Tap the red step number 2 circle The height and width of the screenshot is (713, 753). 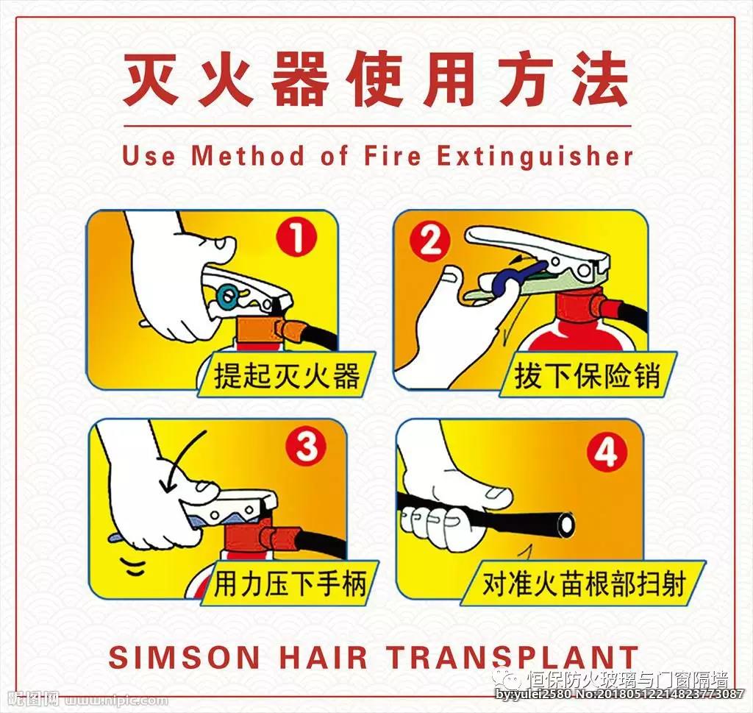429,241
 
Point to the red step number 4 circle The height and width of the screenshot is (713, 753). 607,453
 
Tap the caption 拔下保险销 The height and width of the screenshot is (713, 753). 588,375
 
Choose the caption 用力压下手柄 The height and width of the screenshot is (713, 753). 290,583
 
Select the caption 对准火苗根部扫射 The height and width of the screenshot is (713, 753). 583,583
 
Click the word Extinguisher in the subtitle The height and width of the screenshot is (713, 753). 535,156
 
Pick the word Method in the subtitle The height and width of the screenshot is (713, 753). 248,156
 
